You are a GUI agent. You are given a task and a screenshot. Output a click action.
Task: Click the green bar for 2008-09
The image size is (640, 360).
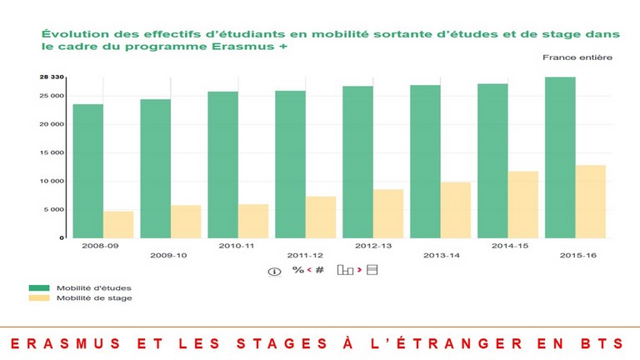[87, 171]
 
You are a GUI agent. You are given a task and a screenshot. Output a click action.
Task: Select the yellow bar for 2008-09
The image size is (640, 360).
[118, 224]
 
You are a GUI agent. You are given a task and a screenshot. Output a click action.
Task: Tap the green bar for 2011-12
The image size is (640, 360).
[290, 164]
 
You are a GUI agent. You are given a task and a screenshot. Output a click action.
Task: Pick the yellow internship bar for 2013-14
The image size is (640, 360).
[456, 210]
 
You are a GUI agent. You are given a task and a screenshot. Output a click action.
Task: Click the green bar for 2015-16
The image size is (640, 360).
[559, 157]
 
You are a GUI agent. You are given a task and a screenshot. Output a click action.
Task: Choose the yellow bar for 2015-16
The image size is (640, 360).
[590, 202]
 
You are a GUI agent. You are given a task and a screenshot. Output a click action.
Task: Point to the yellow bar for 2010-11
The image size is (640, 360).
[253, 221]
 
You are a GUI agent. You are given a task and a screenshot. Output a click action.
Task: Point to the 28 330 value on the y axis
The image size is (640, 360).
[52, 77]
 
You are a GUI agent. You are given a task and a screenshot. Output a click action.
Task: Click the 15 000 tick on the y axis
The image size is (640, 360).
[52, 152]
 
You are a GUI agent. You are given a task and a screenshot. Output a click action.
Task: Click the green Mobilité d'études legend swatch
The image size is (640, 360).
[39, 287]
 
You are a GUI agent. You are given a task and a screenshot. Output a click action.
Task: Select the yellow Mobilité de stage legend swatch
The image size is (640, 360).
[39, 297]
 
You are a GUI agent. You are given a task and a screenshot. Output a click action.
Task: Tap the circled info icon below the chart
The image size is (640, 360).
[274, 271]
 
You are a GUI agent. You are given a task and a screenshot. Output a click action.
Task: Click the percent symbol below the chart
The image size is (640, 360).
[297, 270]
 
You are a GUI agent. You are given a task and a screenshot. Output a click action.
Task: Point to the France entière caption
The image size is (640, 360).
[577, 57]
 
